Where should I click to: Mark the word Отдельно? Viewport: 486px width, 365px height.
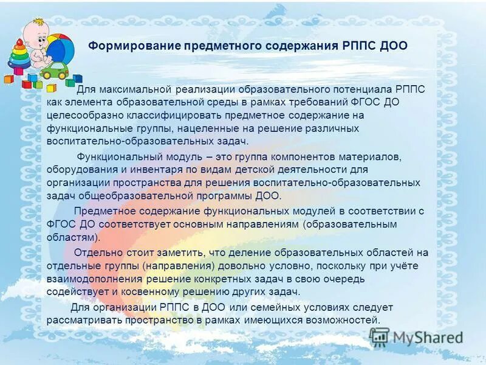pyautogui.click(x=95, y=252)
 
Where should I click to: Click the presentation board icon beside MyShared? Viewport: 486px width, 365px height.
pyautogui.click(x=379, y=336)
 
